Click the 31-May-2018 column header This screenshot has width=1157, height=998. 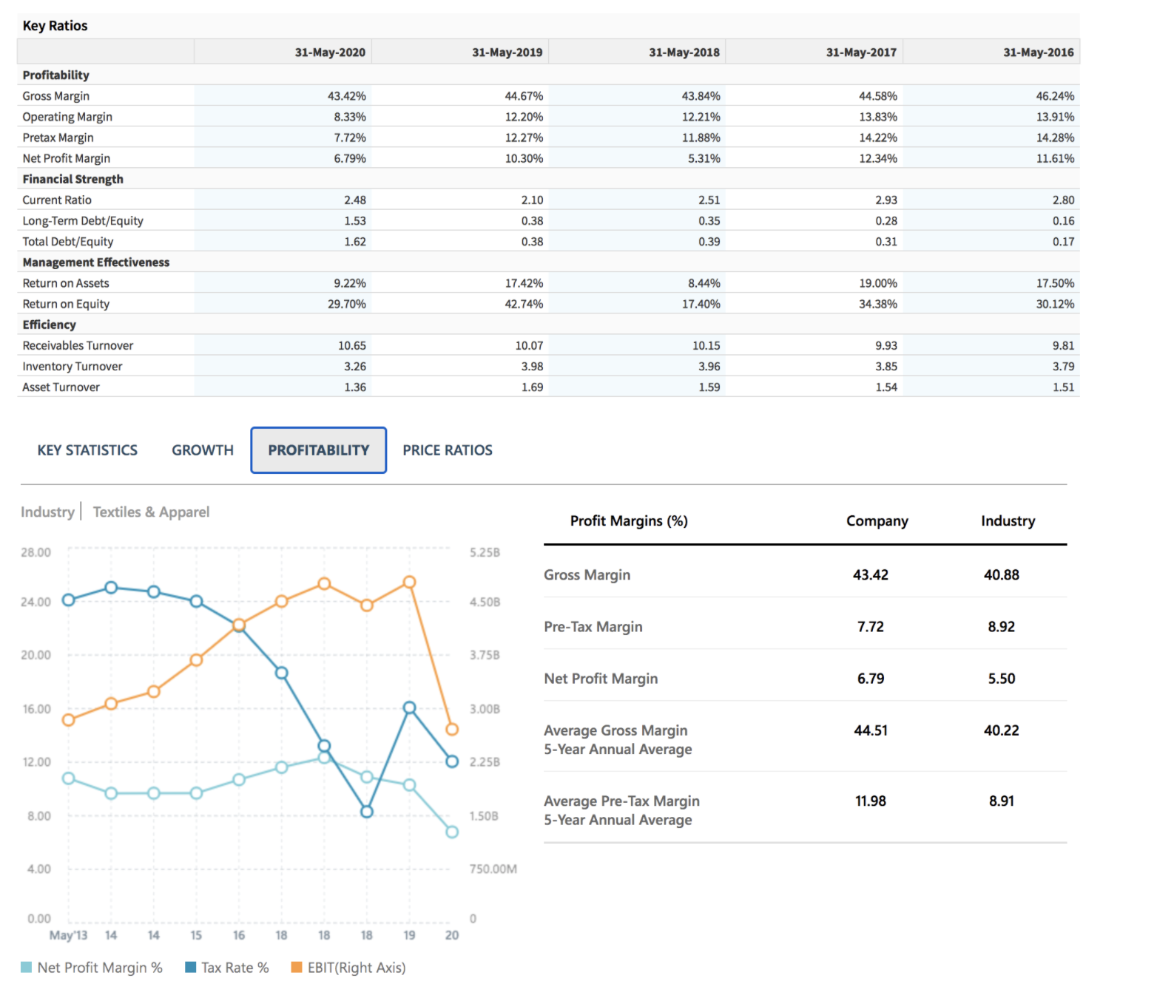[x=684, y=52]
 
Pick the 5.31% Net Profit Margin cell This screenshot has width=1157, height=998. [x=704, y=158]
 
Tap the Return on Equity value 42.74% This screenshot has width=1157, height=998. [x=524, y=304]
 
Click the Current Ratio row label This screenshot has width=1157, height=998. [x=57, y=200]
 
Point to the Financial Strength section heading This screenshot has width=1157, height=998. [x=72, y=179]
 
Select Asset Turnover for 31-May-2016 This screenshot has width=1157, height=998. [x=1063, y=387]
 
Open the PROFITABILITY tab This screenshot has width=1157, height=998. [x=318, y=450]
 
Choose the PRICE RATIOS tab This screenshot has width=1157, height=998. [x=447, y=450]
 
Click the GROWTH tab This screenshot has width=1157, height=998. [x=202, y=450]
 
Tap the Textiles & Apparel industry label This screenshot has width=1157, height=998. [x=151, y=512]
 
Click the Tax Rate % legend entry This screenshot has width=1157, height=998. [x=227, y=968]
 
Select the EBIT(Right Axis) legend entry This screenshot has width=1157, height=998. [x=348, y=968]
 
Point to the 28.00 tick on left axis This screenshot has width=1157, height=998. [x=36, y=552]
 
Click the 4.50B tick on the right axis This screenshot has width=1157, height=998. [x=485, y=602]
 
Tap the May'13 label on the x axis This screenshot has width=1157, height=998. [x=68, y=935]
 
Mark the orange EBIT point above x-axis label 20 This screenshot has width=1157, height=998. [x=452, y=729]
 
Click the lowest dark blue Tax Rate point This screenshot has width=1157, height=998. [x=367, y=812]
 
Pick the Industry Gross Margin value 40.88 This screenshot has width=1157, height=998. [x=1001, y=574]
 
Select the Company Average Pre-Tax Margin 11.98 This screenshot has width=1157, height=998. [x=870, y=801]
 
